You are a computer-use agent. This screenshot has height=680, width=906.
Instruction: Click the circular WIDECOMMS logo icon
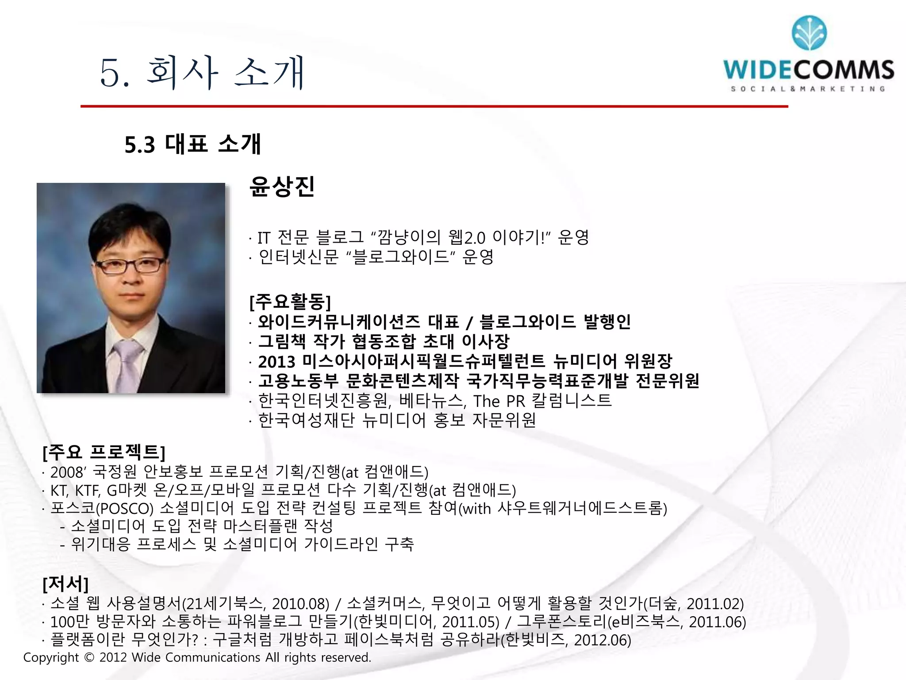click(809, 33)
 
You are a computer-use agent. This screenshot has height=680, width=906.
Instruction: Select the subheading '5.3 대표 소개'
click(193, 144)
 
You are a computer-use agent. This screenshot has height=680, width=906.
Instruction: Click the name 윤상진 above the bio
click(282, 186)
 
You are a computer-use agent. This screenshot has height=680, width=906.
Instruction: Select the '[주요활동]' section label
click(290, 302)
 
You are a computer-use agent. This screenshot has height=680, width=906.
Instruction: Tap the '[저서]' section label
click(65, 584)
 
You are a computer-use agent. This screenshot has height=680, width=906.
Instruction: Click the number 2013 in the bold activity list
click(276, 362)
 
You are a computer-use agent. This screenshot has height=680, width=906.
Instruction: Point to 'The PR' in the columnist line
click(499, 401)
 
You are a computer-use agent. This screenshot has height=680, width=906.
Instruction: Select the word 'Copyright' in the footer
click(51, 657)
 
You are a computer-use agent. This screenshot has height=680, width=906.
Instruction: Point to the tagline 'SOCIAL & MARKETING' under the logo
click(808, 89)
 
